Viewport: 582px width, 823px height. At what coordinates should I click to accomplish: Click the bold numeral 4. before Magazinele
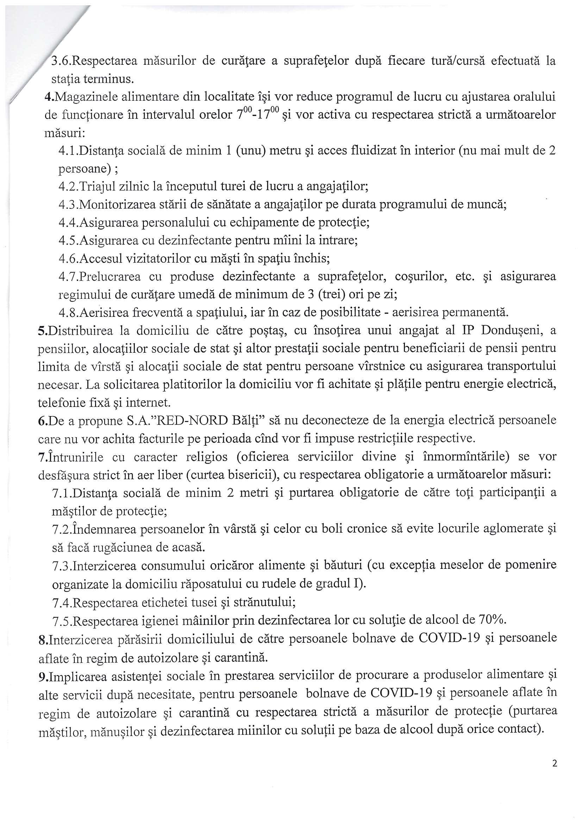48,97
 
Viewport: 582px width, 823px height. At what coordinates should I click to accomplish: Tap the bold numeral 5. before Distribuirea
41,330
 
